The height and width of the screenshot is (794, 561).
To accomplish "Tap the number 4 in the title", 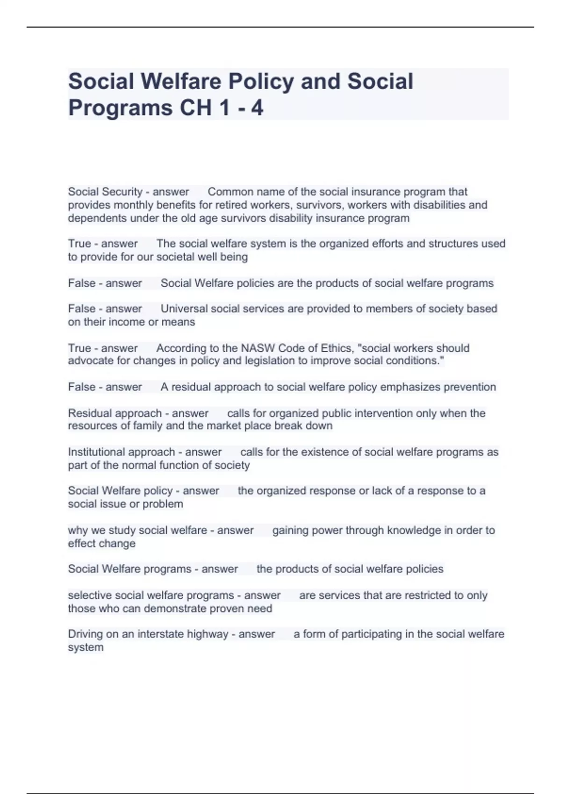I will [x=257, y=108].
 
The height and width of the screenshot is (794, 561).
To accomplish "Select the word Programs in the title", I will [x=120, y=108].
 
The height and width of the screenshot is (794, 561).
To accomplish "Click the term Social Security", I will [x=105, y=191].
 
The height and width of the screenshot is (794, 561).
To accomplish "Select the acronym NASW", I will [x=258, y=348].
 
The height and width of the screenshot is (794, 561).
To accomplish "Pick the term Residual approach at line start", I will [x=115, y=413].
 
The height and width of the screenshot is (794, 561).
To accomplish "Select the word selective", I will [x=90, y=595].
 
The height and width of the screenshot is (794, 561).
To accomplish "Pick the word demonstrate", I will [x=194, y=609].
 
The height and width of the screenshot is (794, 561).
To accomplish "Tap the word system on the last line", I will [x=86, y=647].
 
